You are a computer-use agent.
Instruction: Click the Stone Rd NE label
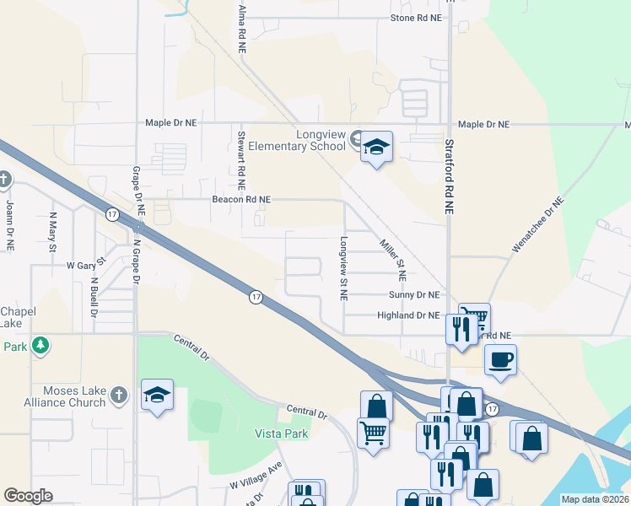point(416,18)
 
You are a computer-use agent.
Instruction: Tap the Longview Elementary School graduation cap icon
point(377,148)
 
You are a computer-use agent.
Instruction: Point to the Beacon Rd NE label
point(241,200)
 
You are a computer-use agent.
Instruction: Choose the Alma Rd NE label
point(242,28)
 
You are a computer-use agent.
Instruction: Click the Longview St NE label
point(343,268)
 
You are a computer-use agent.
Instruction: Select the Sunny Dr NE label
point(414,295)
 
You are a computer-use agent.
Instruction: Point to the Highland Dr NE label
point(408,315)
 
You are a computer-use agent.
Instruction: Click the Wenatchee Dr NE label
point(537,225)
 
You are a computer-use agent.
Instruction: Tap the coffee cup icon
point(500,359)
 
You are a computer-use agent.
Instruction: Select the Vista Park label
point(282,433)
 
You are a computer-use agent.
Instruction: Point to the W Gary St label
point(85,264)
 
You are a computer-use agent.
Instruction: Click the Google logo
point(28,496)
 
